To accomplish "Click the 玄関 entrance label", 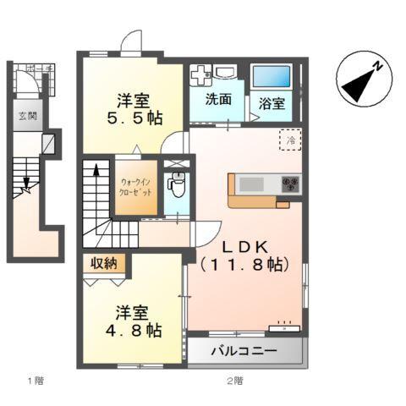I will coord(28,117).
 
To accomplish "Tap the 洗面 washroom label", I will coord(218,99).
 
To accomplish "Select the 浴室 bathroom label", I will coord(272,104).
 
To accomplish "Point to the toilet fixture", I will coord(177,184).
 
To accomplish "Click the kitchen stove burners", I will coord(290,183).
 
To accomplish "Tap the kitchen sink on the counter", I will coord(250,183).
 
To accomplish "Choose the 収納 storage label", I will coord(106,263).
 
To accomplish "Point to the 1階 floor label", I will coord(34,380).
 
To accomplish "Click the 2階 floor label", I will coord(235,380).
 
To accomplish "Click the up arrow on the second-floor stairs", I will coord(96,173).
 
